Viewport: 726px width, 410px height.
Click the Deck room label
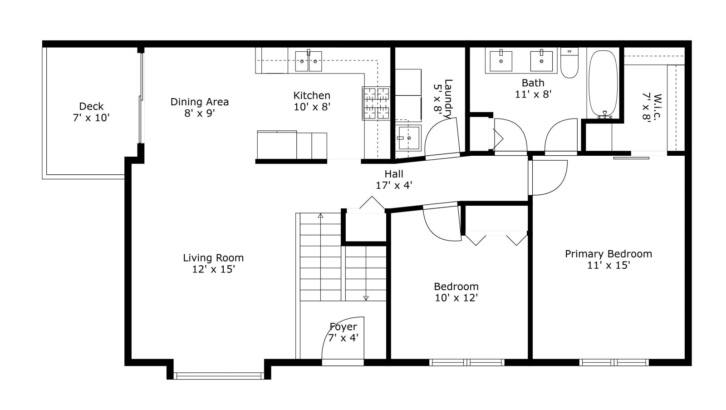click(x=91, y=112)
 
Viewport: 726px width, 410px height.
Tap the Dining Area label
click(x=200, y=107)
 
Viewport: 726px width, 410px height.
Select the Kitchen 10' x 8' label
click(x=312, y=101)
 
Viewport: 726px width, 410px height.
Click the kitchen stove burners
click(x=376, y=104)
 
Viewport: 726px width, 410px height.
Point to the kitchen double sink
click(x=308, y=61)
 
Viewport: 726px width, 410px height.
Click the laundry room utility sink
click(x=408, y=138)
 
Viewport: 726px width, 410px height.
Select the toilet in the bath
click(x=569, y=63)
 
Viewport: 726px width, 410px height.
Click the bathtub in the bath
click(x=603, y=84)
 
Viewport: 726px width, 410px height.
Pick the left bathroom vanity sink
click(x=501, y=61)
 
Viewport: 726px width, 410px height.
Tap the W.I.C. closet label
click(x=652, y=107)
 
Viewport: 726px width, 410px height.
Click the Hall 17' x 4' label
click(x=394, y=179)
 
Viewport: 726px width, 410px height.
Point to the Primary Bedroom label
click(x=608, y=260)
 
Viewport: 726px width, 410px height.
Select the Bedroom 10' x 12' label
click(x=456, y=292)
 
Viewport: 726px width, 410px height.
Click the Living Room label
click(x=213, y=263)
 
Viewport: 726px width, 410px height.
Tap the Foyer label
click(x=343, y=332)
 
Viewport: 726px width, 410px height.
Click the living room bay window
click(x=219, y=376)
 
